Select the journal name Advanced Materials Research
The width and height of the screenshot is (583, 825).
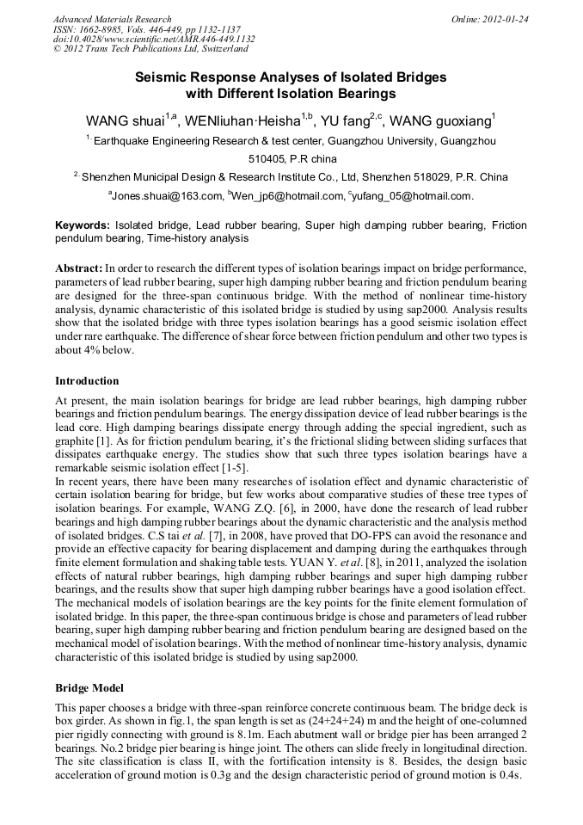[113, 18]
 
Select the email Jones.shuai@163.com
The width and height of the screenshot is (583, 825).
[167, 196]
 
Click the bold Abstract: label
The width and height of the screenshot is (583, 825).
[79, 268]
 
